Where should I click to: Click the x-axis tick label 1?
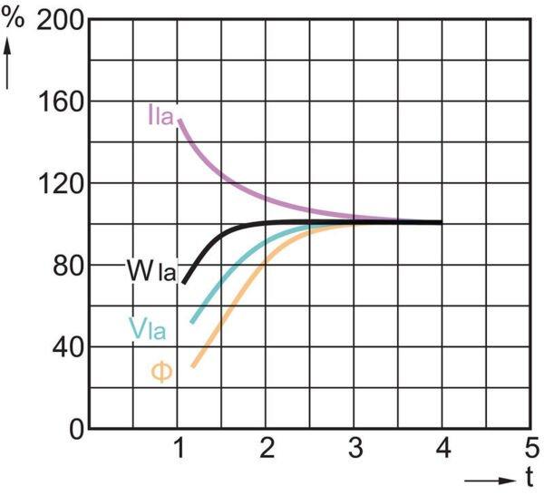tap(179, 447)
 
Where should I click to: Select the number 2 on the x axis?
tap(267, 447)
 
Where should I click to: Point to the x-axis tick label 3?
tap(355, 447)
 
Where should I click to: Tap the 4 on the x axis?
tap(442, 447)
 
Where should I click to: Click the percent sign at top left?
tap(13, 19)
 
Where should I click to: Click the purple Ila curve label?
tap(160, 116)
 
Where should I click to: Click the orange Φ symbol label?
tap(161, 373)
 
